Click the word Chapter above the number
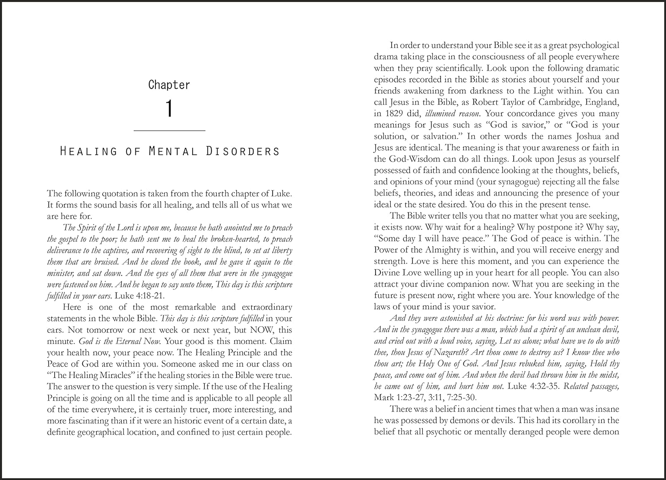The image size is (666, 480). (x=169, y=84)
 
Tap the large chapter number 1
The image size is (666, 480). (x=169, y=109)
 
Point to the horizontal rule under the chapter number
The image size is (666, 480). (x=169, y=131)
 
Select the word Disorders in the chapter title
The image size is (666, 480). (x=243, y=151)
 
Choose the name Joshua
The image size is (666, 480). (x=576, y=136)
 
